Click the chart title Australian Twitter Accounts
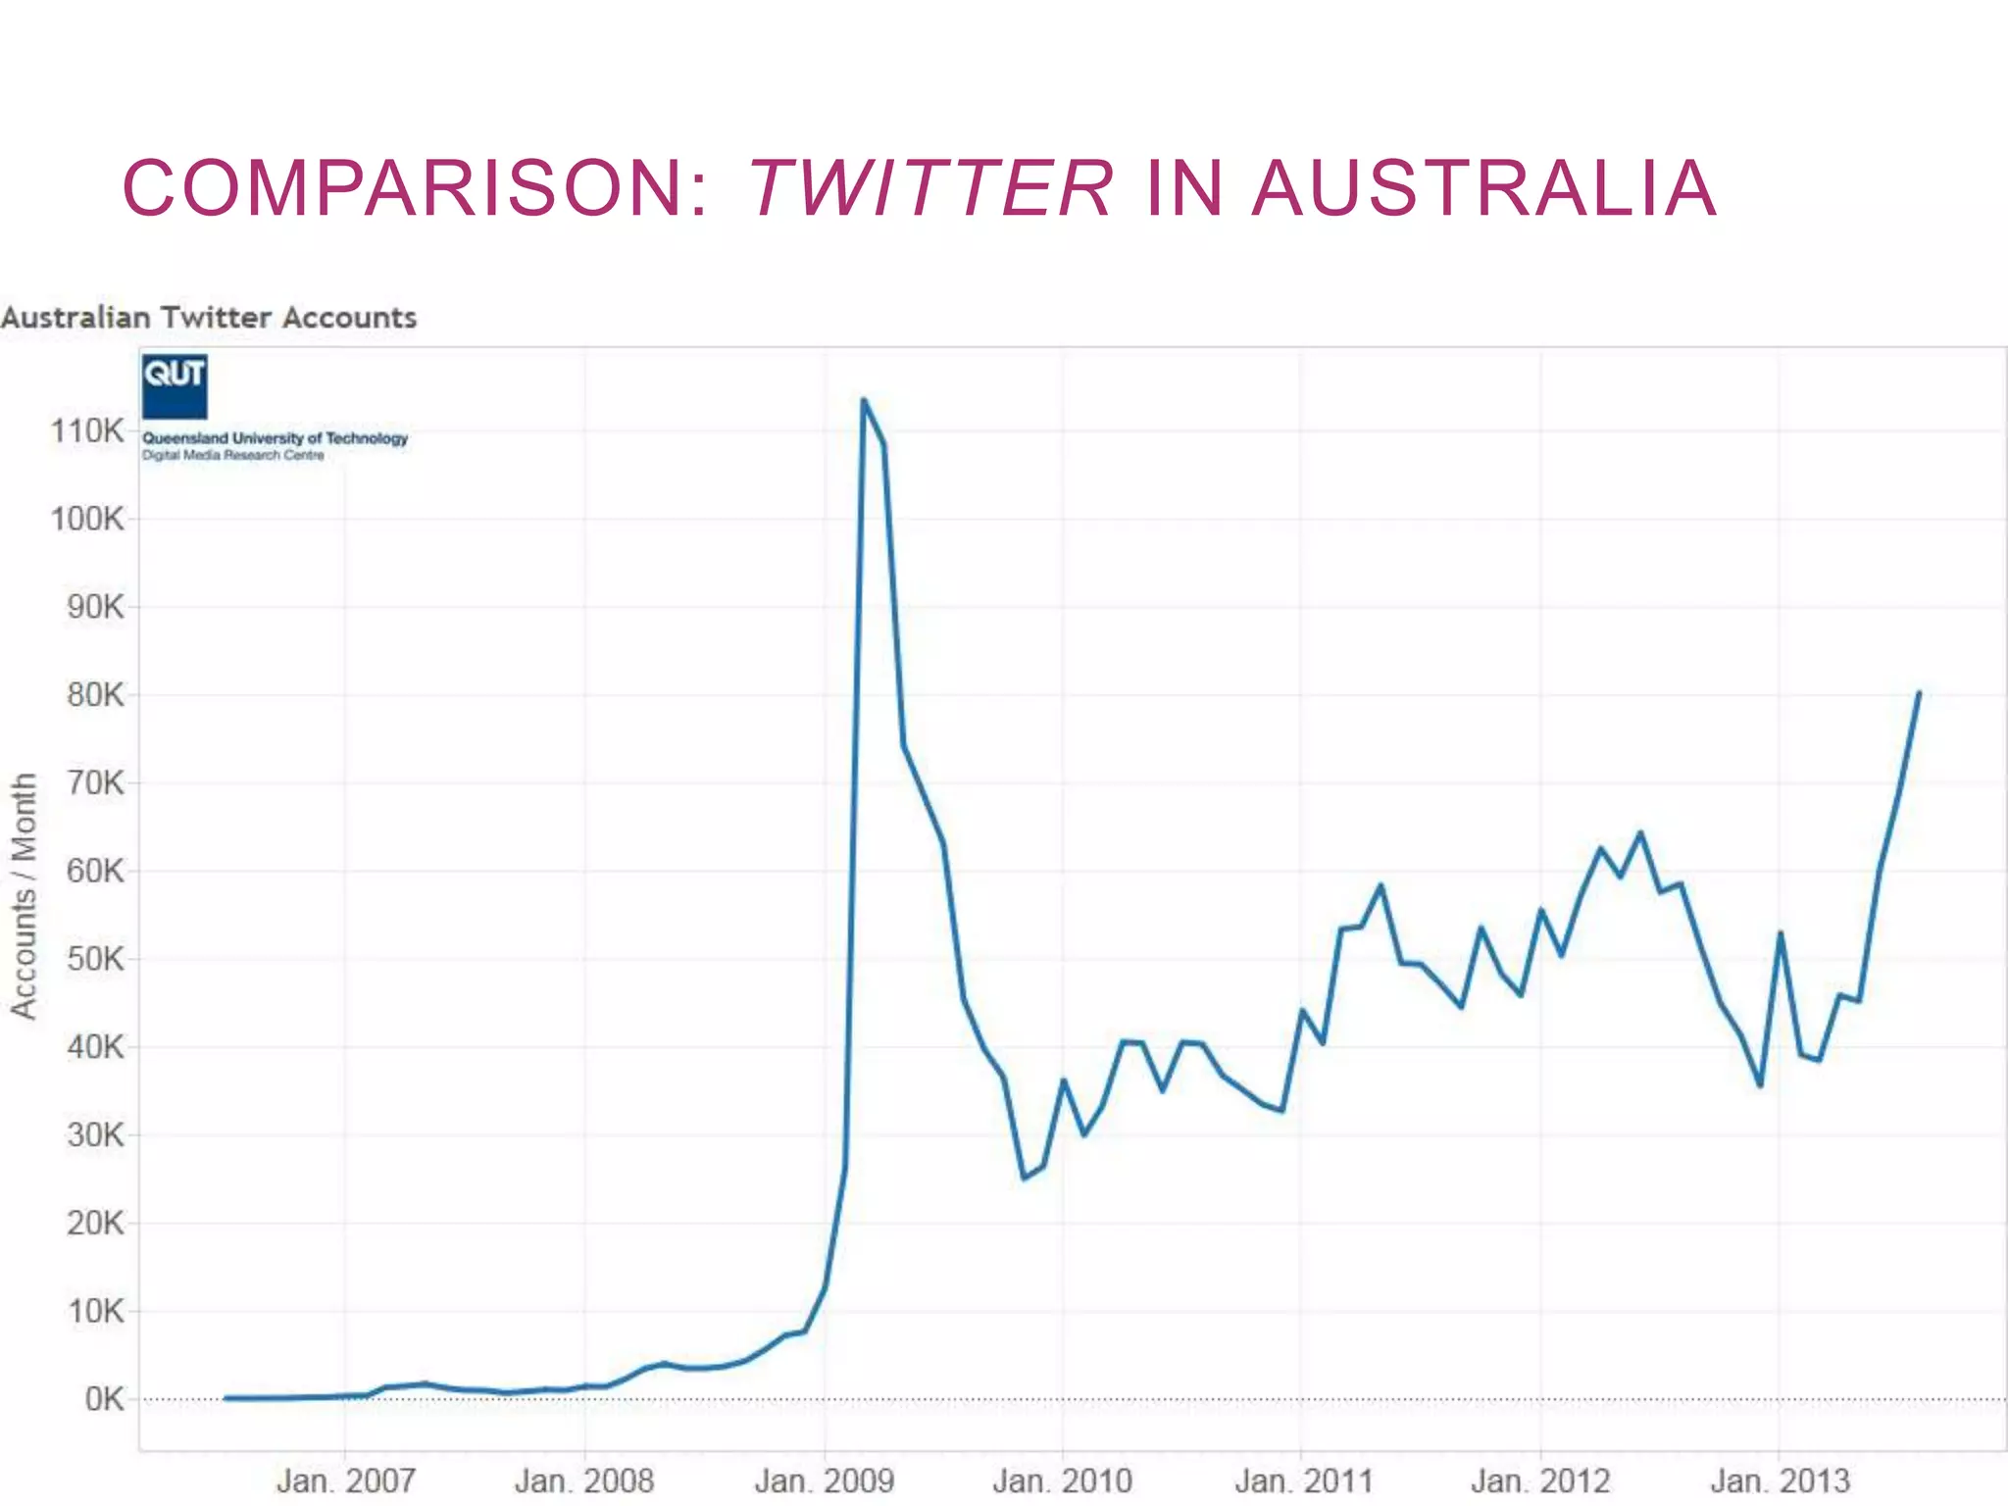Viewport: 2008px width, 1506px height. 209,318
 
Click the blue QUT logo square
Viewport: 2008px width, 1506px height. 175,386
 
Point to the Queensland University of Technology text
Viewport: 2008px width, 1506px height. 275,438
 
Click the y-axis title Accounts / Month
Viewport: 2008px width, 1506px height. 24,896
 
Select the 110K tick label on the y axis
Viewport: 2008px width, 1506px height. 87,430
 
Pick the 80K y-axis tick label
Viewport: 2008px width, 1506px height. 95,695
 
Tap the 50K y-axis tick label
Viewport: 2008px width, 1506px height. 95,959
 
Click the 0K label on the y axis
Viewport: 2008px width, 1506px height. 104,1399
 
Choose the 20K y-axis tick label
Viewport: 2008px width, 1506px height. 95,1223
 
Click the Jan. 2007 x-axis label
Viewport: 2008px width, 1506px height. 345,1481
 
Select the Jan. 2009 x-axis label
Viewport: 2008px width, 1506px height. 824,1481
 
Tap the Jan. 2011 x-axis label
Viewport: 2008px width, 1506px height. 1303,1481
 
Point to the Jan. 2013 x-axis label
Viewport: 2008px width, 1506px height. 1780,1481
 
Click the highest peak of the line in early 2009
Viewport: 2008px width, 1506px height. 863,400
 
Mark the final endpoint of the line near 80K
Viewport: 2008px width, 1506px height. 1919,693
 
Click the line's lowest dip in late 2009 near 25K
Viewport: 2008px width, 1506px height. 1024,1178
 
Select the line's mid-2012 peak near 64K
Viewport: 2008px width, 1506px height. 1640,833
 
